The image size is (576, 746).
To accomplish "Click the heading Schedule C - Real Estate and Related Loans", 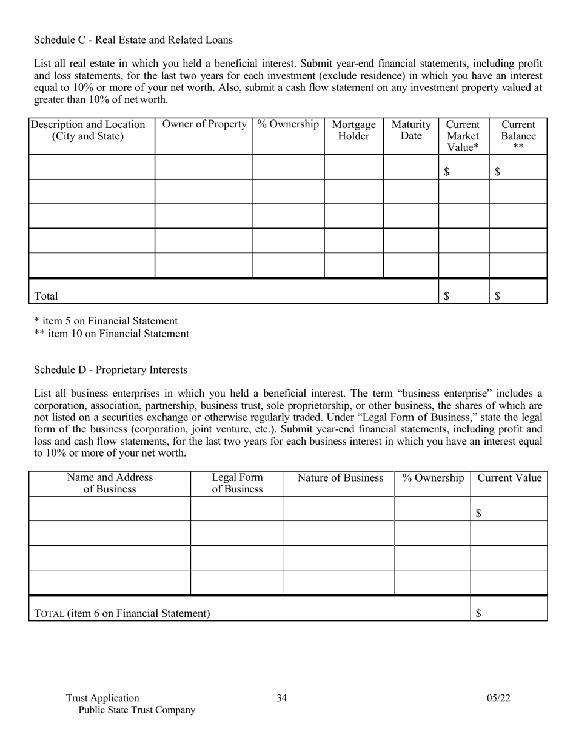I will [x=133, y=40].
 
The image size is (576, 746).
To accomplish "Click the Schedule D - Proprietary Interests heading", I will [x=110, y=370].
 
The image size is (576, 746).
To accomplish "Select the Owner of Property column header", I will [x=204, y=124].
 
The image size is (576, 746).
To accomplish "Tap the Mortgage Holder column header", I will [x=353, y=130].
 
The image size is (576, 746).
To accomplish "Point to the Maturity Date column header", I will [x=411, y=130].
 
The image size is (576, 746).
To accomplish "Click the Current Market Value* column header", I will [x=463, y=136].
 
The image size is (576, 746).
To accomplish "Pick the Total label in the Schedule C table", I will [x=46, y=296].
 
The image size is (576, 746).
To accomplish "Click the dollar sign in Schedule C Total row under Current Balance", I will [x=497, y=296].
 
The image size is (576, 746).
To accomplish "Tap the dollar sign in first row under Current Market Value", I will [x=447, y=172].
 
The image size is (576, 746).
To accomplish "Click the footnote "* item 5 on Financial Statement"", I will [x=105, y=321].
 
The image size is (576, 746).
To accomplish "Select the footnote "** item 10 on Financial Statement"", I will [x=111, y=334].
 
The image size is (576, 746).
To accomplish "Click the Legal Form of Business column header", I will [x=237, y=483].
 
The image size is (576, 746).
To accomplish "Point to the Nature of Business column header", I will [x=340, y=478].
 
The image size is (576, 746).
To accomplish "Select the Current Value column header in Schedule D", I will [x=509, y=478].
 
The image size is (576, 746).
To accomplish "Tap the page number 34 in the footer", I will [x=282, y=698].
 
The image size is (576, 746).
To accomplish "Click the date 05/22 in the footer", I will [x=498, y=698].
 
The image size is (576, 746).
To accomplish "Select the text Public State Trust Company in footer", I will [x=137, y=710].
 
